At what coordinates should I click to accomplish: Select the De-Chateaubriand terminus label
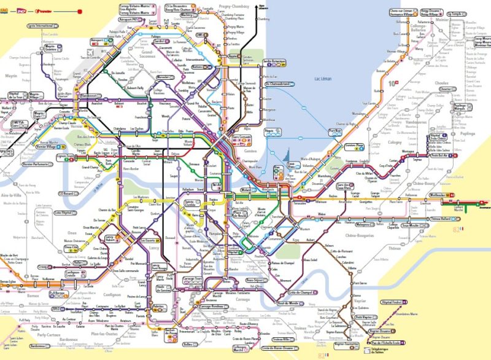click(279, 84)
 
